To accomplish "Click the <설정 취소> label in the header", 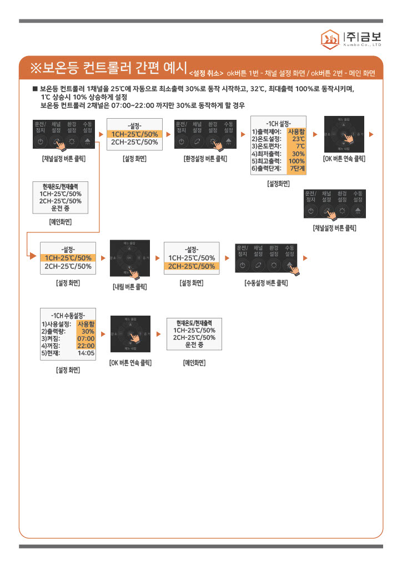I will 206,73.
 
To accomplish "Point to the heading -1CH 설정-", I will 278,123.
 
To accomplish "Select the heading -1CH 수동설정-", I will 68,315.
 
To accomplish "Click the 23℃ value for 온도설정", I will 298,139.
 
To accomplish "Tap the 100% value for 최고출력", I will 297,161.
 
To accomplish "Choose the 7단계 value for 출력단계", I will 297,168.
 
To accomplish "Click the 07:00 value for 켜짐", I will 86,338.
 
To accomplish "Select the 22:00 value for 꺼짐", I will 86,345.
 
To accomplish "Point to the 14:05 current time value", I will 86,352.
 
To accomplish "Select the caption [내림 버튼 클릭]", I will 130,287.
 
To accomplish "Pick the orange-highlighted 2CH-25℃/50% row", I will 192,266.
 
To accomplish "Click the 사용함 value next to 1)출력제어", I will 296,131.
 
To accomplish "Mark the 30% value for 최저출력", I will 298,154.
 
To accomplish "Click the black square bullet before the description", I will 35,89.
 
